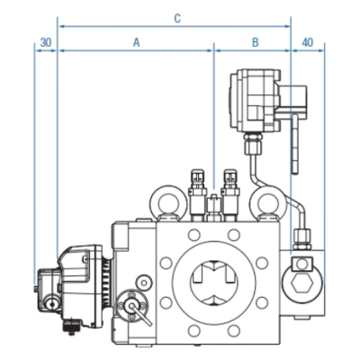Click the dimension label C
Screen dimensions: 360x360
pyautogui.click(x=176, y=18)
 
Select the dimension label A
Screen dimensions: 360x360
pyautogui.click(x=136, y=41)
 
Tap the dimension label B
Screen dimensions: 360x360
pyautogui.click(x=255, y=41)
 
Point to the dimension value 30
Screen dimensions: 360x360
pyautogui.click(x=45, y=42)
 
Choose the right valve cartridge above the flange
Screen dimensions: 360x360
pyautogui.click(x=229, y=191)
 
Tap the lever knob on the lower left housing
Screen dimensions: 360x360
pyautogui.click(x=136, y=306)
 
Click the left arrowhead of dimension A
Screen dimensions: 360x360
pyautogui.click(x=59, y=51)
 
